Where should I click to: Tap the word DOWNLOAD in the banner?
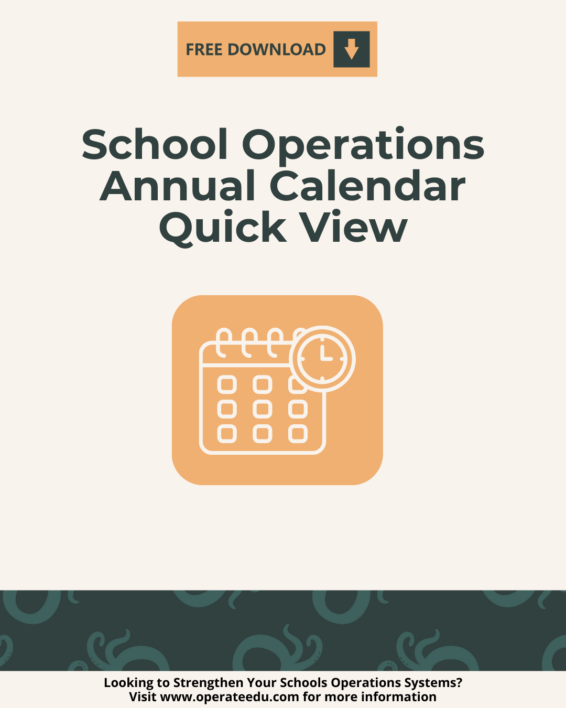click(x=277, y=49)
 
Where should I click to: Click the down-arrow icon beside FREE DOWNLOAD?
click(x=351, y=49)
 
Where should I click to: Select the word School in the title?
click(x=155, y=145)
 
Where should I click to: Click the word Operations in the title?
click(x=363, y=145)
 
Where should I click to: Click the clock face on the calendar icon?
click(x=322, y=359)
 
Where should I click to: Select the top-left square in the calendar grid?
click(x=227, y=385)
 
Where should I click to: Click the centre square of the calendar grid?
click(x=263, y=409)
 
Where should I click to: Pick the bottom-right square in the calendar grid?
click(x=298, y=434)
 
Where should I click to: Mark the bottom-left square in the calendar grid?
click(x=227, y=434)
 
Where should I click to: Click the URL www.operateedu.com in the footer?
click(x=230, y=697)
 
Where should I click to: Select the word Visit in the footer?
click(x=143, y=697)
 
